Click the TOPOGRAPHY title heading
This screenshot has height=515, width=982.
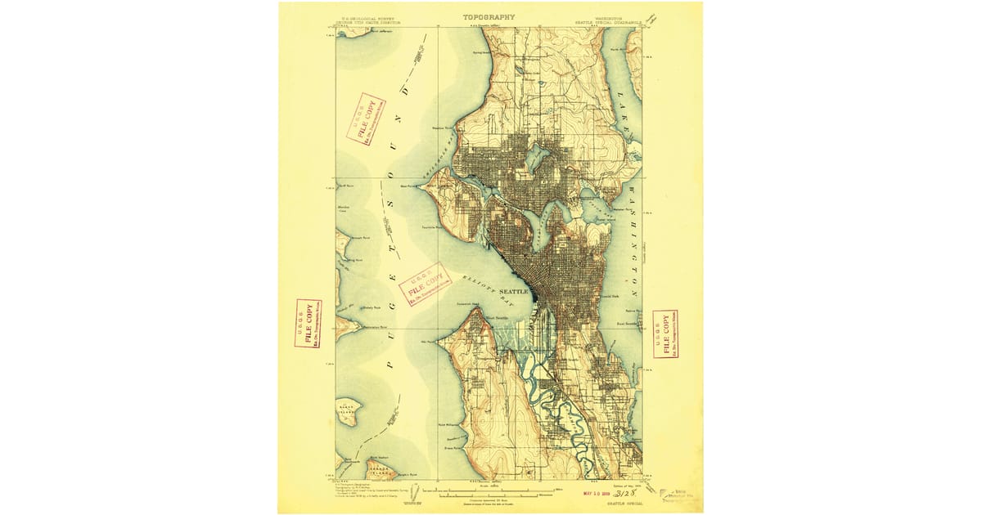tap(489, 16)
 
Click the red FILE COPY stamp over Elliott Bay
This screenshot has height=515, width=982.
tap(425, 283)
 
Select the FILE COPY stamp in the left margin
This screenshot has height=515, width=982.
tap(309, 324)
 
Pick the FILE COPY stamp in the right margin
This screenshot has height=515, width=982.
tap(664, 334)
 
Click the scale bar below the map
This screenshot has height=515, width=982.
tap(489, 494)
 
